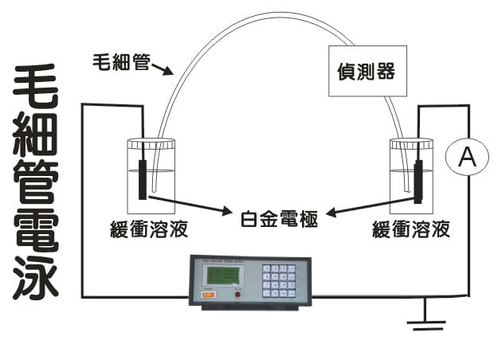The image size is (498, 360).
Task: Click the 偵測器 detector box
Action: [x=363, y=72]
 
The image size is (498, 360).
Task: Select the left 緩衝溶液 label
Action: [x=150, y=231]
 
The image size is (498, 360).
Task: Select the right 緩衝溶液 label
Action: [x=410, y=231]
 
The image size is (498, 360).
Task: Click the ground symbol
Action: [x=424, y=324]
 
